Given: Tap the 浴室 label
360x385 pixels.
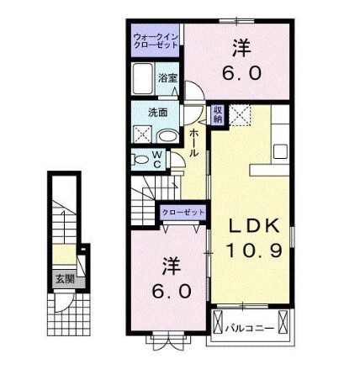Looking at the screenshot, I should pyautogui.click(x=167, y=78).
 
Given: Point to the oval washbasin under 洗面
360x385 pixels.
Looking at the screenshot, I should pyautogui.click(x=167, y=134).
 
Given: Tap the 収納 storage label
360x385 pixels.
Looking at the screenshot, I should pyautogui.click(x=217, y=113).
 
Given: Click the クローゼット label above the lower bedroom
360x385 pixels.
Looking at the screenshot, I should pyautogui.click(x=181, y=214).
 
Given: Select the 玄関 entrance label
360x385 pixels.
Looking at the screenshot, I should pyautogui.click(x=65, y=278).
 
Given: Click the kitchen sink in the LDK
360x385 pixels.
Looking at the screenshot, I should pyautogui.click(x=281, y=151).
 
